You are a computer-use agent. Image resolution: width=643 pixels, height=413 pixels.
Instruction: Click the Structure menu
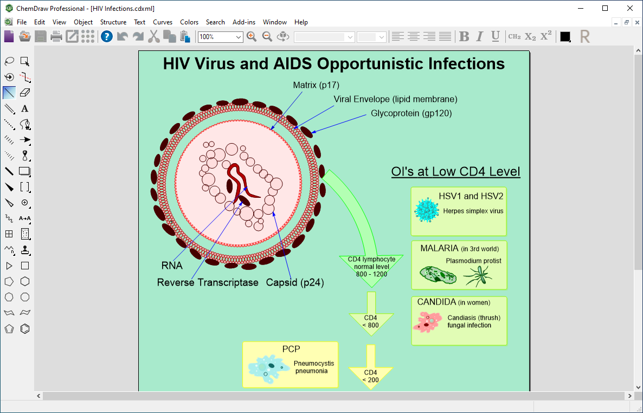pos(113,22)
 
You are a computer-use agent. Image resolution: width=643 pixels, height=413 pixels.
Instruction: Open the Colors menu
pos(189,22)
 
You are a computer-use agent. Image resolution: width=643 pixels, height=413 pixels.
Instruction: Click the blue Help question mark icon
pos(107,36)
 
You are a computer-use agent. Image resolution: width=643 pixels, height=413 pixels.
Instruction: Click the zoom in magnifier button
pos(252,36)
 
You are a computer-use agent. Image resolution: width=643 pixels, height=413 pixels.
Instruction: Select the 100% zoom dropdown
pos(220,37)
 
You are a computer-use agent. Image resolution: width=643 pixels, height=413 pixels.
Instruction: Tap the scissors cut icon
pos(154,36)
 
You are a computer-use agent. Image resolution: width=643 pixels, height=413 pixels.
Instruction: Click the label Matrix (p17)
pos(316,85)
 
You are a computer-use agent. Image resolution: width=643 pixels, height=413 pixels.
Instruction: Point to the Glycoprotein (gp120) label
pos(411,113)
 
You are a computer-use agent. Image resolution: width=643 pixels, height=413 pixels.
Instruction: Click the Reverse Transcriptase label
pos(208,282)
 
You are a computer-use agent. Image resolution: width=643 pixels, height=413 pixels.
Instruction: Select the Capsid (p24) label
pos(295,282)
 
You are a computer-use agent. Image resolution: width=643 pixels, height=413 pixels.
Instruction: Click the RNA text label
pos(172,266)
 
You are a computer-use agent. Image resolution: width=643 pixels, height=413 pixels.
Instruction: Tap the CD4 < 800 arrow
pos(371,313)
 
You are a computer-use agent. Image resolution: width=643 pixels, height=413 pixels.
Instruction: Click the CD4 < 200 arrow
pos(371,367)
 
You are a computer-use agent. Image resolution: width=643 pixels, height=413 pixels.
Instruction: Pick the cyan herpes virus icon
pos(426,210)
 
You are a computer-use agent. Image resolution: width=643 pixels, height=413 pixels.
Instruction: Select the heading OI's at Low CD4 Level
pos(455,171)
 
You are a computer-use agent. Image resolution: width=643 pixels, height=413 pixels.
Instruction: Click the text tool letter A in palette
pos(24,109)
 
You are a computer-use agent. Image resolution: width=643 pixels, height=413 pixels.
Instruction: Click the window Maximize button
pos(605,8)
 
